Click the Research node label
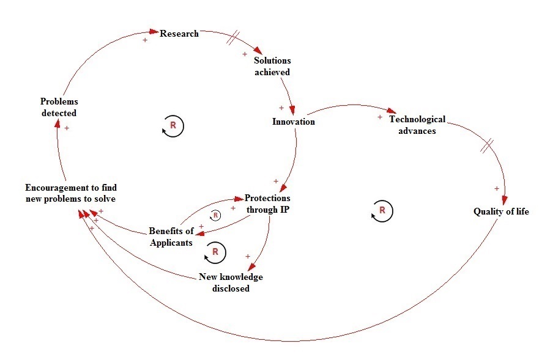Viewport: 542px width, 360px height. (x=179, y=34)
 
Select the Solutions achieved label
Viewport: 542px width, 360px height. (x=272, y=66)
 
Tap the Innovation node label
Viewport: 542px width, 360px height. (x=294, y=122)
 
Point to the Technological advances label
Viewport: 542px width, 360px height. (x=417, y=125)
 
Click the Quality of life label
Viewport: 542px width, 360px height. (x=501, y=211)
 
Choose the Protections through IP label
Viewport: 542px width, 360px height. (x=267, y=204)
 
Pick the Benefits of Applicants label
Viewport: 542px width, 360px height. (x=171, y=237)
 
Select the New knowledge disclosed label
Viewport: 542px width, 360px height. (x=231, y=282)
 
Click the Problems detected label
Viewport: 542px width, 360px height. (x=59, y=107)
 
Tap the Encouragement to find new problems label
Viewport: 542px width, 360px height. (x=71, y=193)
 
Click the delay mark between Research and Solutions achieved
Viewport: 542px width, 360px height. (x=233, y=37)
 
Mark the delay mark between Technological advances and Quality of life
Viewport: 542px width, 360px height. (x=487, y=146)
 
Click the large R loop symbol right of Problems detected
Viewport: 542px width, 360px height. (x=173, y=126)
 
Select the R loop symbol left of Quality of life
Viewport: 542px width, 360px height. (x=382, y=211)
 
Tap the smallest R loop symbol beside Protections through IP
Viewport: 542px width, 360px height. (x=215, y=216)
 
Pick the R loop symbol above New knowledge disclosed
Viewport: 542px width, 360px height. (x=215, y=252)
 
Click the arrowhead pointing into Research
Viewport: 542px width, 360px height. (x=154, y=32)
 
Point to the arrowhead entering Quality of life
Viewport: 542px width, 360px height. (x=505, y=200)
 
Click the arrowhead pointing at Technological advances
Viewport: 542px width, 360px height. (x=392, y=111)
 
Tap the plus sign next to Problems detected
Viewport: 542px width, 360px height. (x=67, y=128)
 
